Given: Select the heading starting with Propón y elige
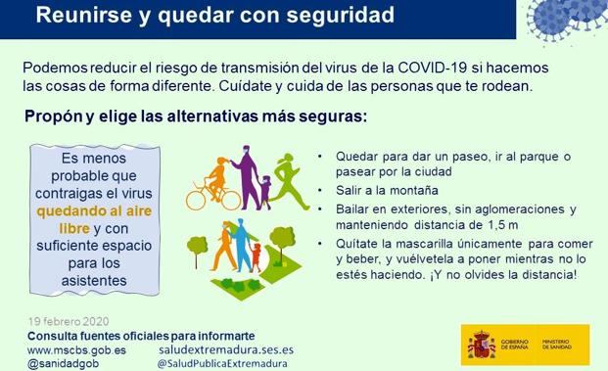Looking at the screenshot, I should (196, 117).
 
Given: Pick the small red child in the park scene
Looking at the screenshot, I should (256, 256).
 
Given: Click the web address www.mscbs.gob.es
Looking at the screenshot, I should (76, 349).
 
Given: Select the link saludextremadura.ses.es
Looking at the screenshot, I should (225, 349).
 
